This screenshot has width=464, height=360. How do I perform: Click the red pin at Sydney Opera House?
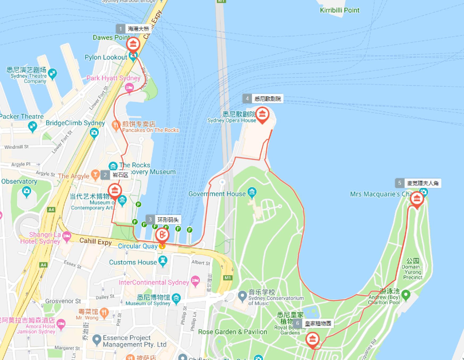tap(262, 114)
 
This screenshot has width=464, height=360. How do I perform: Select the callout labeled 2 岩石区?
tap(116, 175)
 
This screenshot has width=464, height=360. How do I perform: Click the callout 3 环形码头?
tap(163, 220)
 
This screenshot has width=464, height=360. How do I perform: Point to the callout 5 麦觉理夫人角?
tap(418, 183)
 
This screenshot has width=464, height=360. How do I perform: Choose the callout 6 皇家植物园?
tap(314, 323)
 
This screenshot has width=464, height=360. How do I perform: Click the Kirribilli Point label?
tap(339, 10)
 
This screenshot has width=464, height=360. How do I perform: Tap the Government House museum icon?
tap(252, 192)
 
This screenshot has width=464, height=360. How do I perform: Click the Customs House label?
tap(133, 262)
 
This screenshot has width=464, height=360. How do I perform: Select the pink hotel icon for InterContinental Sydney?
tap(195, 281)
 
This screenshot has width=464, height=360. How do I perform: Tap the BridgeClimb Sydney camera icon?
tap(94, 132)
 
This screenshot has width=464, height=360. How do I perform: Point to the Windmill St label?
tap(16, 147)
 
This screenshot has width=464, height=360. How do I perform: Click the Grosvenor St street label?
tap(63, 301)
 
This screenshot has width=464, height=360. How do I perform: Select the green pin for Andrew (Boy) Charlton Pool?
tap(406, 295)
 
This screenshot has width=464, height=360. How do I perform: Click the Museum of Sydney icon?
tap(176, 298)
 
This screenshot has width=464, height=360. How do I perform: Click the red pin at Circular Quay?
tap(162, 235)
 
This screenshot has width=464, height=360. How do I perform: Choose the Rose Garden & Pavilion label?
tap(233, 332)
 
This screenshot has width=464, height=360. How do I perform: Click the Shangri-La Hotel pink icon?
tap(67, 236)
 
